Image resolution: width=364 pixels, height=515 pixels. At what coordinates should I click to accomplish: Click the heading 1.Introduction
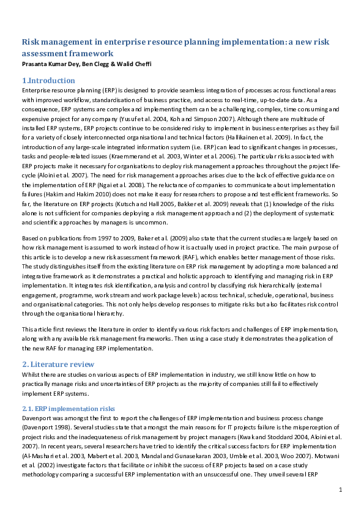pos(48,80)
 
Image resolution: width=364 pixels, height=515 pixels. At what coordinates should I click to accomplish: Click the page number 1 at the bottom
pos(340,489)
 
